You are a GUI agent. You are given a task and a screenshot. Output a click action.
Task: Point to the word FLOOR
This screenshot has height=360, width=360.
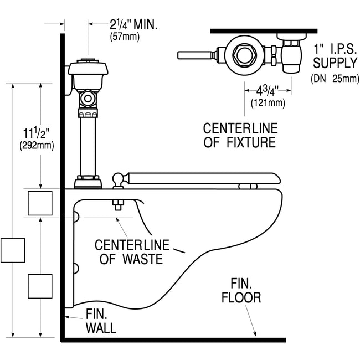coord(241,297)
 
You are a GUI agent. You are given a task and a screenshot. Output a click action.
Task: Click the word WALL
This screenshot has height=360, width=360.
coord(101,328)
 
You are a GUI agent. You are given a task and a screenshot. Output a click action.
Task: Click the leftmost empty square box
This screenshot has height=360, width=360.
coord(12,250)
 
